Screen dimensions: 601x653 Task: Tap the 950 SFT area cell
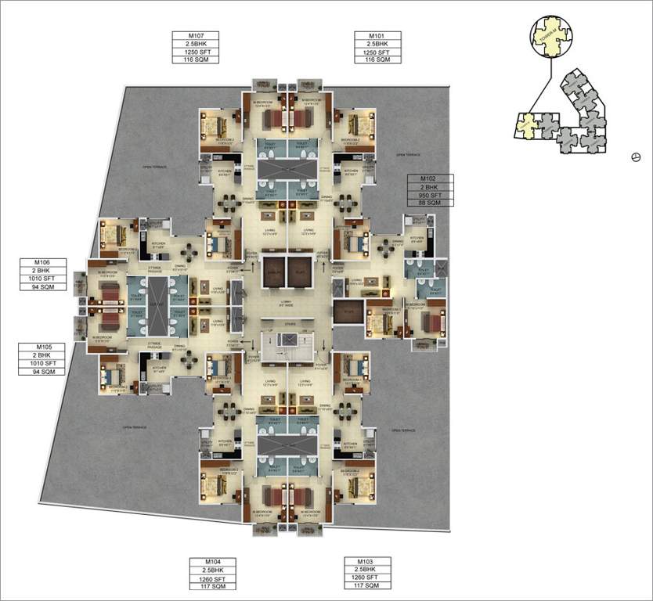pyautogui.click(x=430, y=196)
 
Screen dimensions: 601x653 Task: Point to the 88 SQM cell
pyautogui.click(x=430, y=203)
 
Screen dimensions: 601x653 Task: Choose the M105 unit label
pyautogui.click(x=41, y=347)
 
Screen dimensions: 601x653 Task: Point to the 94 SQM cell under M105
pyautogui.click(x=41, y=371)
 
